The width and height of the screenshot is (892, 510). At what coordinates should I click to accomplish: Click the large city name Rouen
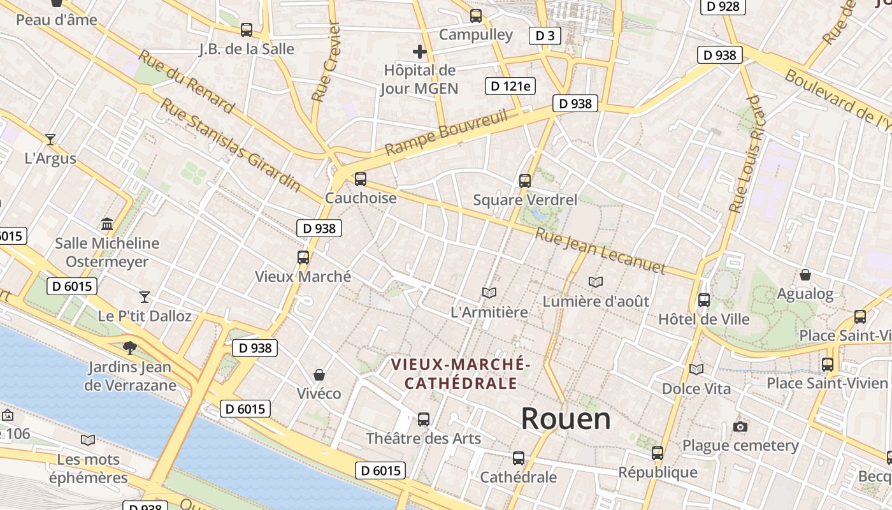(x=566, y=419)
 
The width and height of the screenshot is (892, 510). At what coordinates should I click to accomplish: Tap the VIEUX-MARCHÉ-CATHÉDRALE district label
(x=461, y=374)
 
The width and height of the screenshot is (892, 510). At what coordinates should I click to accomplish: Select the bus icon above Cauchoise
(x=361, y=179)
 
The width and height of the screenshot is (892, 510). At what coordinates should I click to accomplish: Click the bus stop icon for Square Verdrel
(x=525, y=181)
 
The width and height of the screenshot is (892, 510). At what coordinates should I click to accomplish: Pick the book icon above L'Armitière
(x=489, y=293)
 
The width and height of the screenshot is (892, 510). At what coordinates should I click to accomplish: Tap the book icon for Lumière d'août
(x=596, y=282)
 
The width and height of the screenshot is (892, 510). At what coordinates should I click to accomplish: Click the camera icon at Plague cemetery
(x=740, y=426)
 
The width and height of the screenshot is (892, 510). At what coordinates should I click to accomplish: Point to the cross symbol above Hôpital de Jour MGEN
(x=419, y=52)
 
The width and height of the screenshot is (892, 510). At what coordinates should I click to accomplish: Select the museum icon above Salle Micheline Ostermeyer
(x=107, y=224)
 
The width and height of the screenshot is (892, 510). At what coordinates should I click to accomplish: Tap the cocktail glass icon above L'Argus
(x=50, y=139)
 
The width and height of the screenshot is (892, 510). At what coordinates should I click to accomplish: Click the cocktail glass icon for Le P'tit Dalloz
(x=145, y=296)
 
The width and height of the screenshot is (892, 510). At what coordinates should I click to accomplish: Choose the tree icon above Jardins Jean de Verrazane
(x=130, y=347)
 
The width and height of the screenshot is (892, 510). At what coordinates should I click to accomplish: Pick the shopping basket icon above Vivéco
(x=319, y=374)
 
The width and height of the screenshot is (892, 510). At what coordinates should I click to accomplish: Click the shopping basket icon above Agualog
(x=805, y=275)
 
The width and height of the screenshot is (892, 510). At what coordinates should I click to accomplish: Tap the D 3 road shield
(x=545, y=36)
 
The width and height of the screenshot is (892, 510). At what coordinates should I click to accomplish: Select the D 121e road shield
(x=510, y=86)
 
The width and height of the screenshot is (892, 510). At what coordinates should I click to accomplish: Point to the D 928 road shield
(x=723, y=6)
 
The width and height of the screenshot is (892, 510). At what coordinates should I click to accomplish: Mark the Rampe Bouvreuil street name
(x=447, y=133)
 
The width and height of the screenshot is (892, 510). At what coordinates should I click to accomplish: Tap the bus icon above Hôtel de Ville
(x=704, y=300)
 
